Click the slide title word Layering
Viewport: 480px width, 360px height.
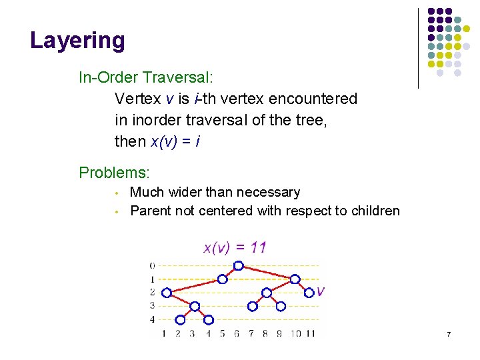(77, 41)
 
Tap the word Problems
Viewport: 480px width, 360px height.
(114, 173)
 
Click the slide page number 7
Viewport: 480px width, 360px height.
(449, 333)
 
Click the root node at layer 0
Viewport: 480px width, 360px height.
(237, 265)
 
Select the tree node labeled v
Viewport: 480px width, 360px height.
(309, 292)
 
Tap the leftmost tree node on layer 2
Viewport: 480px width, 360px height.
(166, 292)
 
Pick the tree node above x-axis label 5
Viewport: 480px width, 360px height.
(223, 279)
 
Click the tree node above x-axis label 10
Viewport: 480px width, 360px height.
(295, 279)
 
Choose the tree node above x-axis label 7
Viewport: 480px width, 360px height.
(252, 307)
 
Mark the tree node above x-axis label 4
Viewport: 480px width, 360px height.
(209, 320)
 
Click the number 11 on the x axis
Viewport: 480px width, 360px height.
(310, 333)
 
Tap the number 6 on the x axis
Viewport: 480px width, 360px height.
(237, 333)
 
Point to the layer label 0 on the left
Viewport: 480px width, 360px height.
(152, 265)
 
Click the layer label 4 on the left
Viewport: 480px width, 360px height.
(152, 319)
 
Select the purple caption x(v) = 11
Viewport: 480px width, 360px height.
(235, 248)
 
